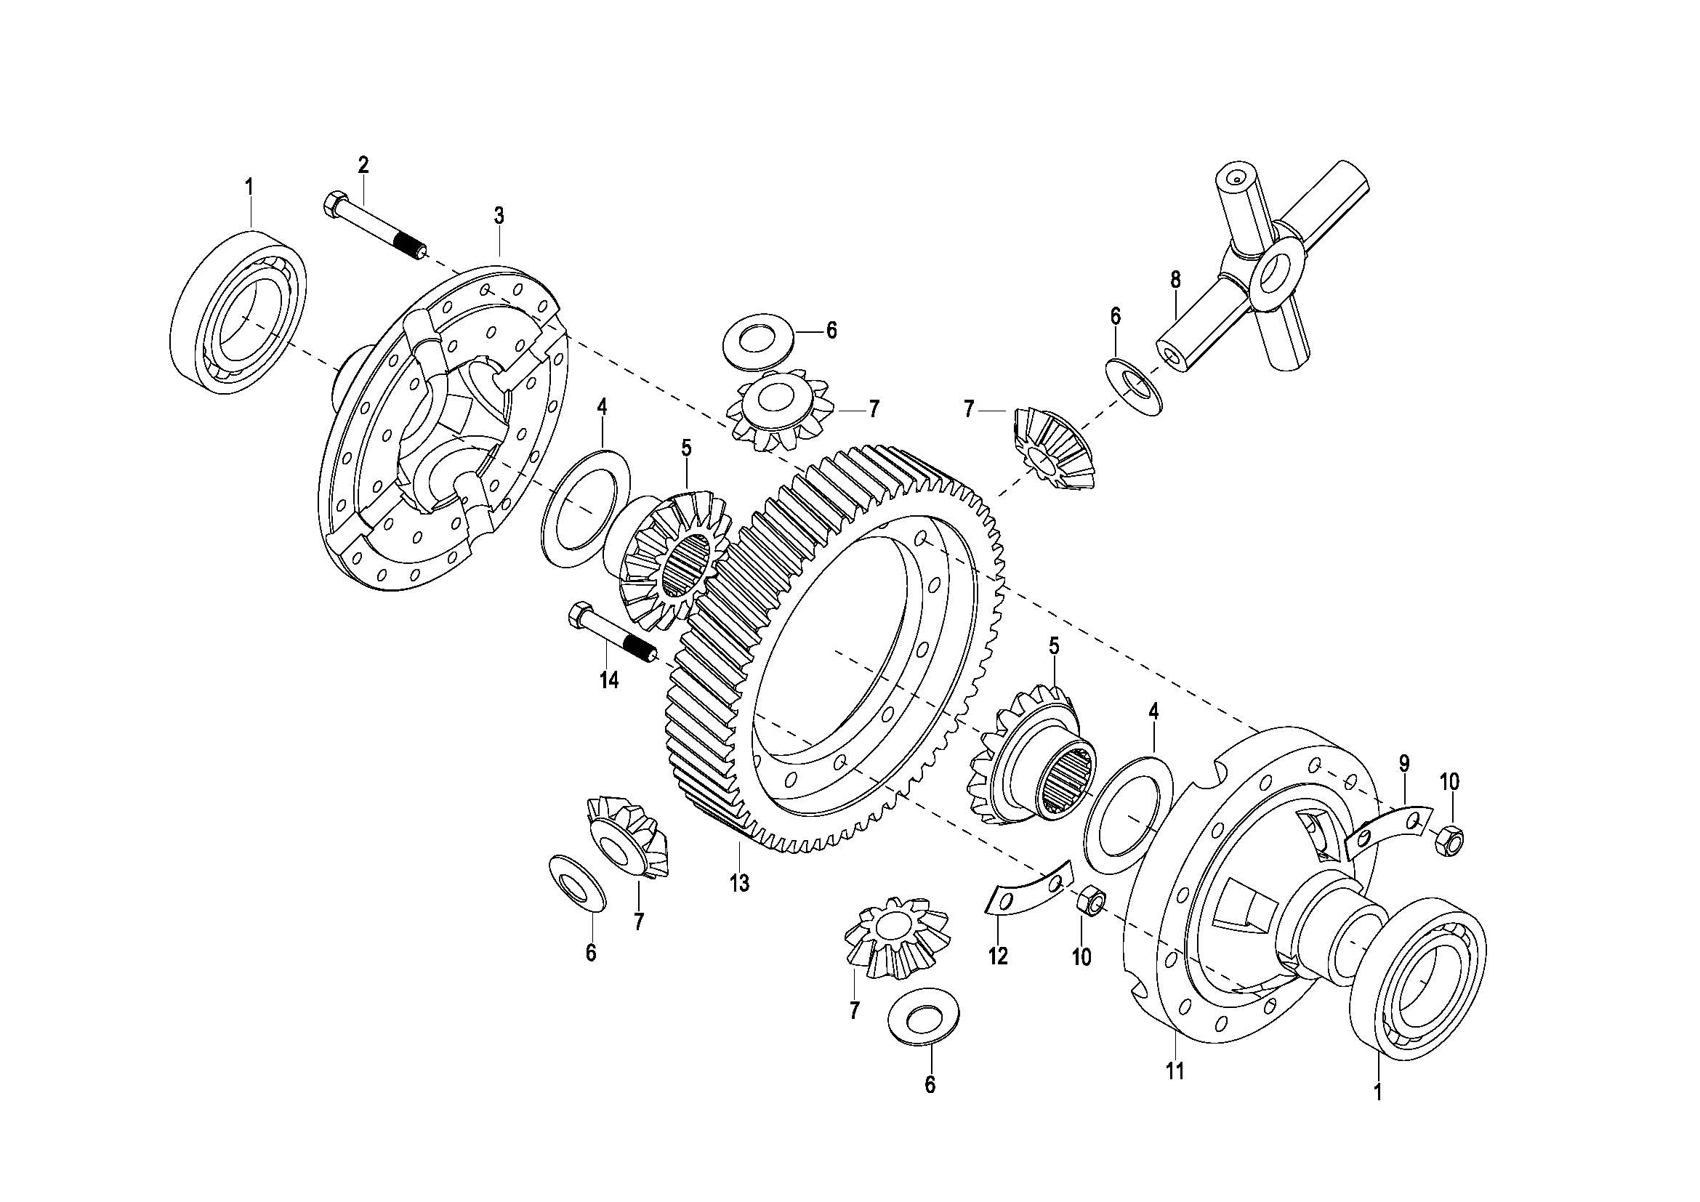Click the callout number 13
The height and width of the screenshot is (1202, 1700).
(x=739, y=883)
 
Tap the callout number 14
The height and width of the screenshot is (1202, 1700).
(x=608, y=680)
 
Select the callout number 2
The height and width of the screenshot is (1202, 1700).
(x=363, y=165)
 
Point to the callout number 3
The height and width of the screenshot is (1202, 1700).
(x=499, y=216)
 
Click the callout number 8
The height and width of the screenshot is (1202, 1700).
(x=1175, y=280)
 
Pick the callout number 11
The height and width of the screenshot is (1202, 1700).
(x=1175, y=1070)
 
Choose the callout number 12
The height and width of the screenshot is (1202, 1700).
(x=998, y=956)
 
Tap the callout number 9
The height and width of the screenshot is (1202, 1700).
(x=1405, y=762)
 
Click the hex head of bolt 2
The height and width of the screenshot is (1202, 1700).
(x=333, y=203)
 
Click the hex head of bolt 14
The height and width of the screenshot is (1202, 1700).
(x=579, y=615)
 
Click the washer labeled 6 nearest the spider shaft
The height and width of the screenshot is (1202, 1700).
(x=1134, y=387)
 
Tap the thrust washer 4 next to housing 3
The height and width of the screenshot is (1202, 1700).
(x=586, y=509)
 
